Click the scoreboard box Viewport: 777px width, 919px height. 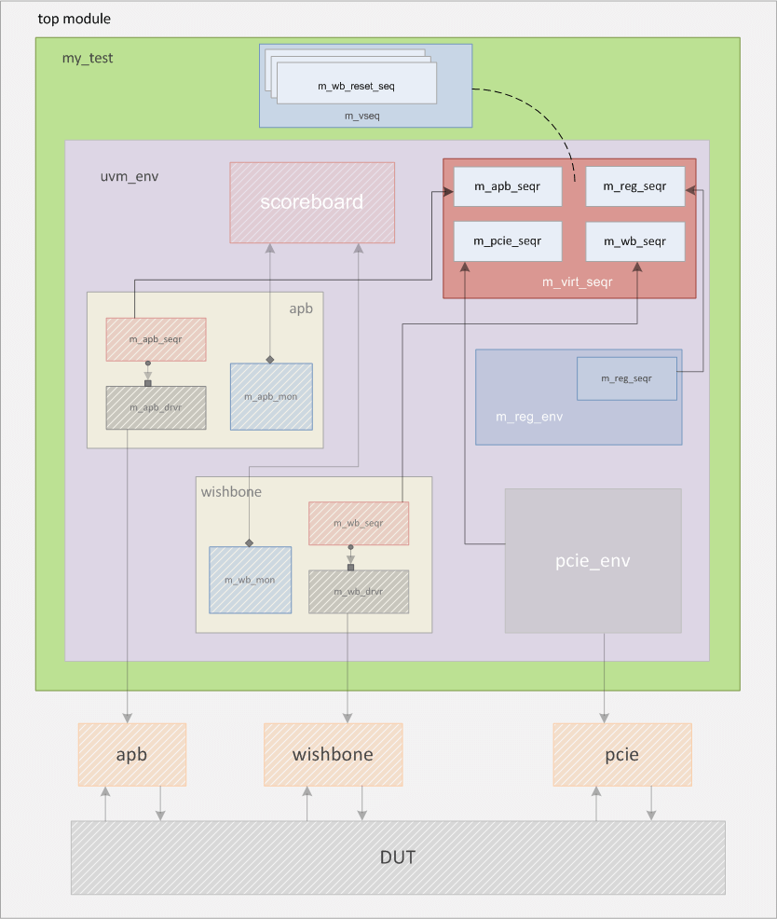click(312, 202)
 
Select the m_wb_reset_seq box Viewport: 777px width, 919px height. click(357, 86)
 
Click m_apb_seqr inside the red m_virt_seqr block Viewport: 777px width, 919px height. click(507, 186)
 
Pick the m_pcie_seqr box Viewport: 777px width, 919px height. click(507, 241)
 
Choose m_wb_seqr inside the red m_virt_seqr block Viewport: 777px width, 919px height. click(634, 241)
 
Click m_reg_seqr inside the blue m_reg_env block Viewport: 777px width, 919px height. click(626, 378)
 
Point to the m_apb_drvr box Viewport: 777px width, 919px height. click(156, 407)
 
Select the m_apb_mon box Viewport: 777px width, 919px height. click(271, 396)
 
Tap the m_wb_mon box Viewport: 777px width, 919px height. click(250, 580)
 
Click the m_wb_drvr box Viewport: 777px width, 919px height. click(359, 591)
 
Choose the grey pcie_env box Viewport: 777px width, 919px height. click(593, 560)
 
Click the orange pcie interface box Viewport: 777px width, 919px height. click(622, 754)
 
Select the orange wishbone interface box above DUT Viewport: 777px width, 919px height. click(333, 754)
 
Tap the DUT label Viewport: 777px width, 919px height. click(398, 857)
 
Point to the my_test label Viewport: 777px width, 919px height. click(87, 58)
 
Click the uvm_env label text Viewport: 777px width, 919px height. click(129, 176)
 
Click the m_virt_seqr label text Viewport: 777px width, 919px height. click(577, 281)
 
